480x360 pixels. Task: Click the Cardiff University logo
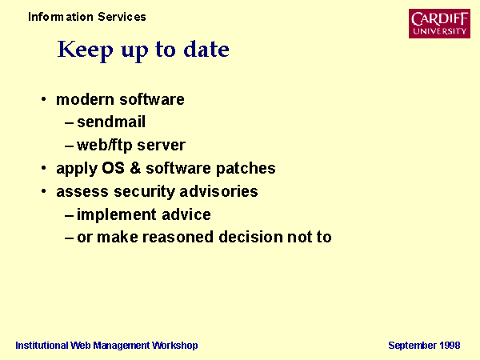pos(439,23)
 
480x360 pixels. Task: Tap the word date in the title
pos(206,50)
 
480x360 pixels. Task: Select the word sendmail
pos(111,122)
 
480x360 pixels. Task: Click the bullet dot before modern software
pos(43,99)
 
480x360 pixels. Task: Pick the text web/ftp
pos(104,146)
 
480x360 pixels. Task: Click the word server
pos(162,146)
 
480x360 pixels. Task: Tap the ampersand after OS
pos(135,168)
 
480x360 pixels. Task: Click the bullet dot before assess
pos(43,191)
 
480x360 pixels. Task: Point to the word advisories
pos(218,191)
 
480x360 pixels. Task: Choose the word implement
pos(117,215)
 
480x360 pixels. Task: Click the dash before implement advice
pos(69,216)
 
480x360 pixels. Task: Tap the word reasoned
pos(178,238)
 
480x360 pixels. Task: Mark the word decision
pos(250,237)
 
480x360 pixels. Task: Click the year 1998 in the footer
pos(450,346)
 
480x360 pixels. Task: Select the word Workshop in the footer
pos(174,346)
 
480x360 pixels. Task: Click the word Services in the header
pos(122,17)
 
